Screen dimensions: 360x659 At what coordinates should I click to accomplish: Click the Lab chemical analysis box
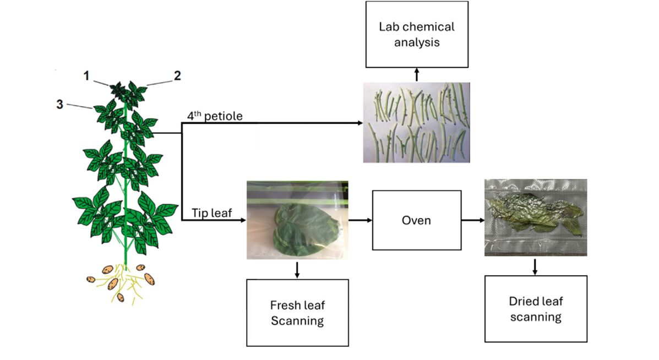[416, 34]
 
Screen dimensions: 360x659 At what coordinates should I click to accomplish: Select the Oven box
[416, 220]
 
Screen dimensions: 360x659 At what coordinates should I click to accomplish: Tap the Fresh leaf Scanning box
[297, 313]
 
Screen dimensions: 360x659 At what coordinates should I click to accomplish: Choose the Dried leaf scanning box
[535, 309]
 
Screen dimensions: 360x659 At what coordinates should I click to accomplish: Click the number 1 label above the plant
[86, 75]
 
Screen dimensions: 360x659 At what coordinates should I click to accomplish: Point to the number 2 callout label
[177, 75]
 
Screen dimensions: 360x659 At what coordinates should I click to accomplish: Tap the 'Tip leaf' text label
[212, 212]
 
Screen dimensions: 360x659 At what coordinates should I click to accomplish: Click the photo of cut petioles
[416, 122]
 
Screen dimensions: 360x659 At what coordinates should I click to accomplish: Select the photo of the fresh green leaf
[297, 220]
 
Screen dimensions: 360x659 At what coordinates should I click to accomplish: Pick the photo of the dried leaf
[535, 217]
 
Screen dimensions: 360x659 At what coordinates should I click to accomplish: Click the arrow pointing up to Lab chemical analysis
[417, 75]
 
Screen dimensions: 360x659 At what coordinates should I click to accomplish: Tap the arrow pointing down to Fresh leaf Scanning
[297, 269]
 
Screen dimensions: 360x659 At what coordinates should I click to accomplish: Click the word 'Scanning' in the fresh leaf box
[297, 320]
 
